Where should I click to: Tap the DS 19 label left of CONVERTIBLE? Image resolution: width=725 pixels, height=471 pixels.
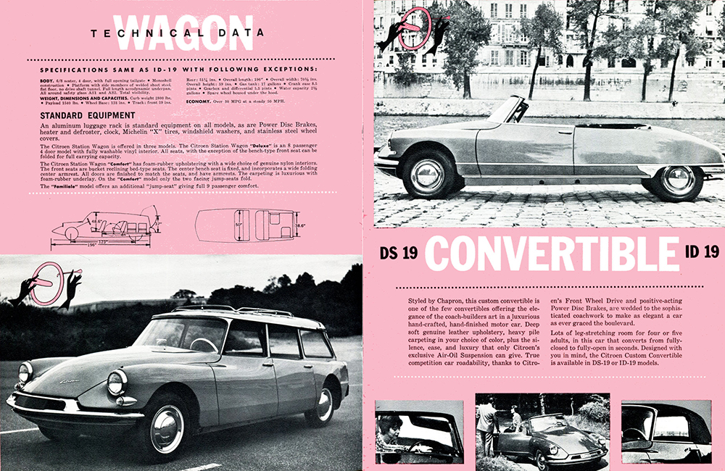point(399,253)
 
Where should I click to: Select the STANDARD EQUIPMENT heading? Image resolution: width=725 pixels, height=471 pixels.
point(87,115)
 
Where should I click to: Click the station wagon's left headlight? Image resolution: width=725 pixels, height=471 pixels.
point(117,382)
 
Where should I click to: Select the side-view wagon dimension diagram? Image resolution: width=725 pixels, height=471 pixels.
point(105,226)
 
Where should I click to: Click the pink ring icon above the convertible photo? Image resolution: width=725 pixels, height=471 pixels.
point(416,26)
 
